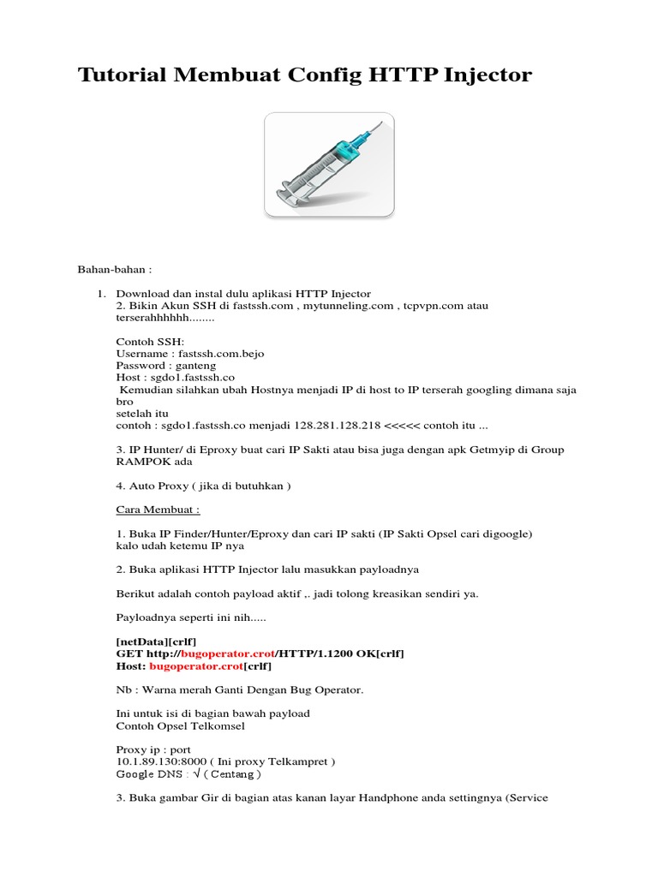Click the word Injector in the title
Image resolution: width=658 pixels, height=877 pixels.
(x=488, y=75)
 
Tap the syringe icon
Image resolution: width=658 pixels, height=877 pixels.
(x=329, y=164)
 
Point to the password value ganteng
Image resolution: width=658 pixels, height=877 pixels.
(x=189, y=365)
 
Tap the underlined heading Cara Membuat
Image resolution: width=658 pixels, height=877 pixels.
(x=158, y=509)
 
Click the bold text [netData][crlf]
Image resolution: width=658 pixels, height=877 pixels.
(x=156, y=641)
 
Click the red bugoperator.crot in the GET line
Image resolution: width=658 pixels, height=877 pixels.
(x=227, y=653)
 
